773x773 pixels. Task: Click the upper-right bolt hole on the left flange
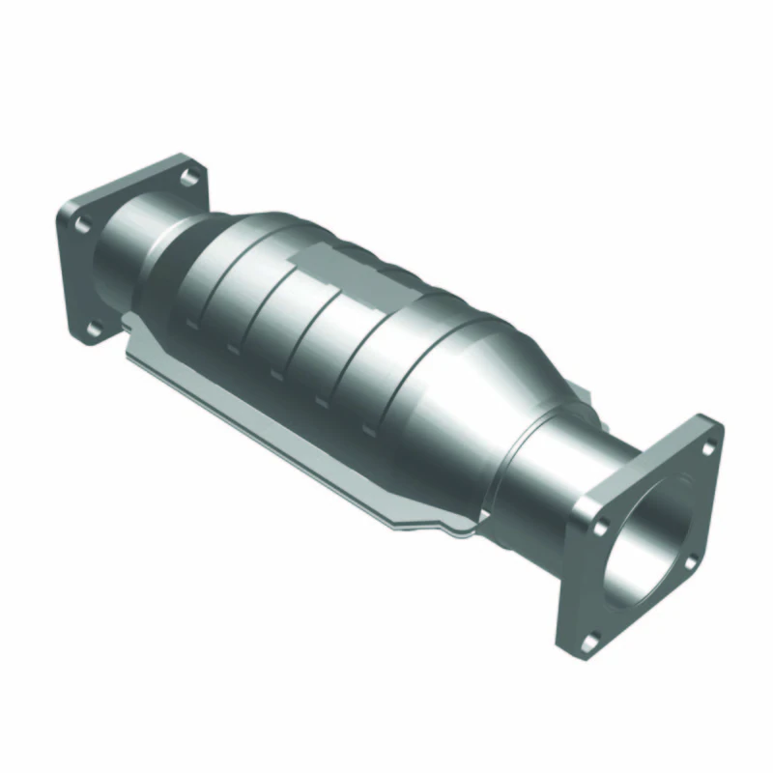point(191,176)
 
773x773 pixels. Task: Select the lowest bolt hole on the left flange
point(93,330)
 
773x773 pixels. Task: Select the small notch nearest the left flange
point(189,327)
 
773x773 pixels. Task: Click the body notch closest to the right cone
point(367,426)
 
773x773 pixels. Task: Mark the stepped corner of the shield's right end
point(454,528)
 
